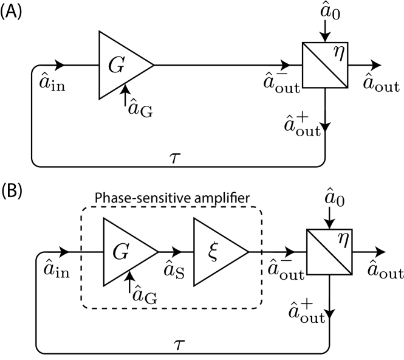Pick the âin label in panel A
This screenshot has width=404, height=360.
[x=58, y=82]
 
